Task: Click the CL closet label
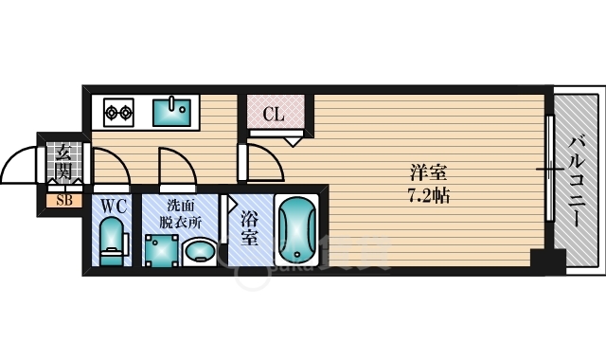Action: pos(273,116)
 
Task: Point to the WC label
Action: pos(113,205)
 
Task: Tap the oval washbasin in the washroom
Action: pos(200,251)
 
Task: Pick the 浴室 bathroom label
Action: pos(249,227)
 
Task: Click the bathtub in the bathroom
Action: pos(299,230)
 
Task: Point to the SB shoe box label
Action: pos(62,200)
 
